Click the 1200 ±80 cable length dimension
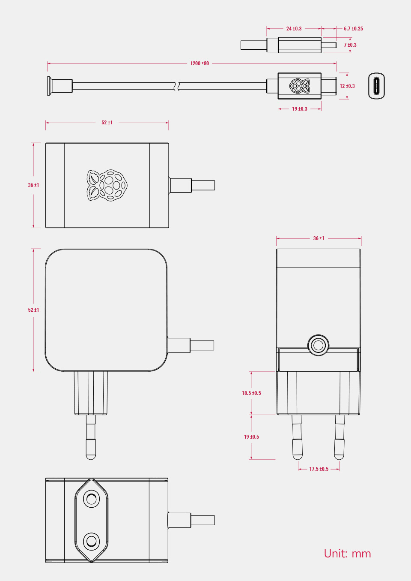click(200, 63)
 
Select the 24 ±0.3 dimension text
click(294, 29)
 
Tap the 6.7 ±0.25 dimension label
click(353, 29)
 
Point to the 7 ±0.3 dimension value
click(350, 45)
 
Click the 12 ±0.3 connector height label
click(347, 86)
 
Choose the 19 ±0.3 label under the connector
click(300, 109)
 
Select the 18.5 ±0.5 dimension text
click(251, 393)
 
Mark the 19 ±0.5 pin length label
click(251, 437)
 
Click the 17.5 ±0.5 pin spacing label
click(319, 469)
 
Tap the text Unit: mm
click(347, 554)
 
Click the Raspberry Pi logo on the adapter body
click(107, 185)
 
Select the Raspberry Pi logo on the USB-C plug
click(300, 86)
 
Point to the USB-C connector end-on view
click(376, 86)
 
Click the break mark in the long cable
click(176, 86)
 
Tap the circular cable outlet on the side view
click(318, 345)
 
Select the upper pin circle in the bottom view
click(91, 499)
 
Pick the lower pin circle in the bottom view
click(91, 541)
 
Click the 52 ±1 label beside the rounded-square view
click(33, 310)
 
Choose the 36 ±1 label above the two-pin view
click(319, 238)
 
